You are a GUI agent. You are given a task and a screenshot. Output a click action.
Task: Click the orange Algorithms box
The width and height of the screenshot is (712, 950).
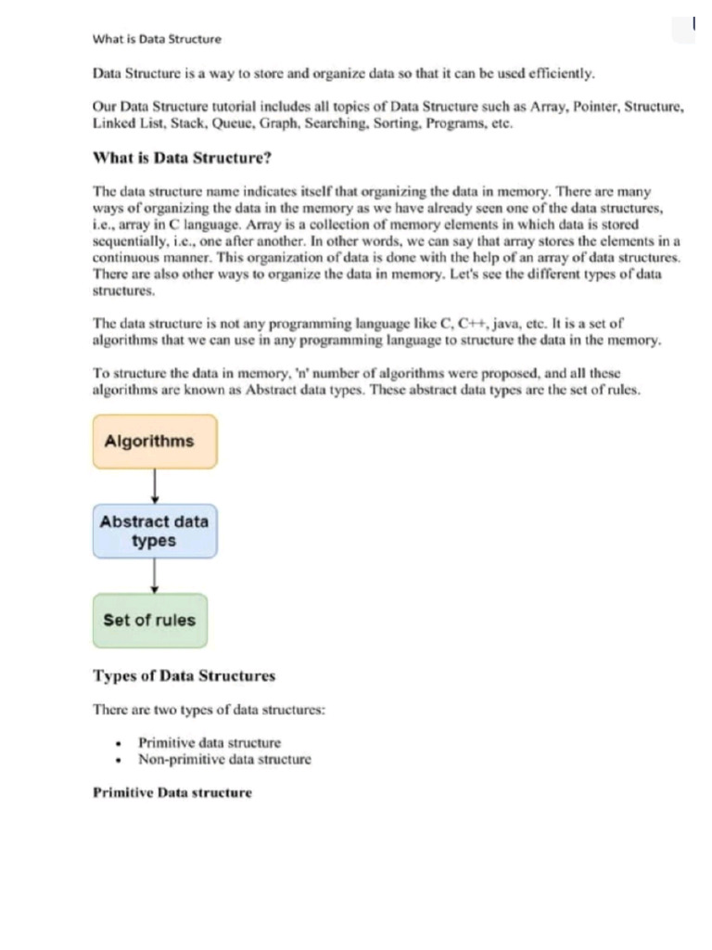(x=155, y=441)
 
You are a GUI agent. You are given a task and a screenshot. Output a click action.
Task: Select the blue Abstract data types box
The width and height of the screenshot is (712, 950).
(x=155, y=531)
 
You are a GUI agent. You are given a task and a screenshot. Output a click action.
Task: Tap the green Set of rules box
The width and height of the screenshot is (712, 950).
(x=150, y=620)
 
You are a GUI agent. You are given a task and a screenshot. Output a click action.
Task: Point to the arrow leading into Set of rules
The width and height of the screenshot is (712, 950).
(x=155, y=575)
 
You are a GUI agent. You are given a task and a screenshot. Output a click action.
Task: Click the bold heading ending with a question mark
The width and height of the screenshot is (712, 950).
(x=182, y=158)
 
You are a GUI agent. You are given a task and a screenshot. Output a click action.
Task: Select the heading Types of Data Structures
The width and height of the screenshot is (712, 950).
(x=184, y=675)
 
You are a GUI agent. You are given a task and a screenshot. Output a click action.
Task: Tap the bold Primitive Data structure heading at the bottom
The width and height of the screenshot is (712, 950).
(x=172, y=793)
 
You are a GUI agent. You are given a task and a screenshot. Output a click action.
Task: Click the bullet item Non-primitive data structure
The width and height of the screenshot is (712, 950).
(x=224, y=759)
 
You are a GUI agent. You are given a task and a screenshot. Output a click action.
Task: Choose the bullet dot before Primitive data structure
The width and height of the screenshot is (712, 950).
(x=118, y=743)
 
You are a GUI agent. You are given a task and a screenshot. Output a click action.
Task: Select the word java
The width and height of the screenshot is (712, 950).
(x=506, y=324)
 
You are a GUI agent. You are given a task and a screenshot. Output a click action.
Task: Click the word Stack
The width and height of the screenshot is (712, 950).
(x=169, y=122)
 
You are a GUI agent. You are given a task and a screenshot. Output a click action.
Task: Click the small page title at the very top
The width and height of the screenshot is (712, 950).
(x=157, y=39)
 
